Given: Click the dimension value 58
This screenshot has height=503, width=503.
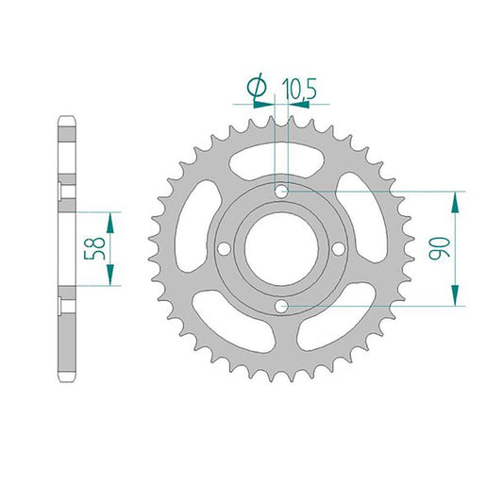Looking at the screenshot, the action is [x=94, y=248].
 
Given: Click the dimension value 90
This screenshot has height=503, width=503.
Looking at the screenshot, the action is [x=439, y=248].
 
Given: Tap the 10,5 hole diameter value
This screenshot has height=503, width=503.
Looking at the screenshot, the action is [x=299, y=89].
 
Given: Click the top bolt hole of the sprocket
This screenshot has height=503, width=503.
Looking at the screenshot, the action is [x=281, y=192].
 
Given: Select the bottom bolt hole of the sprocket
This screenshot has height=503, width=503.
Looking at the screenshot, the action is [x=281, y=306].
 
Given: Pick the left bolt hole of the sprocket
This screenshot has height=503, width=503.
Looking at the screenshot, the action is [x=224, y=248].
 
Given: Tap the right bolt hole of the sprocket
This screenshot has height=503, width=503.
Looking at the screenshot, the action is [x=339, y=248].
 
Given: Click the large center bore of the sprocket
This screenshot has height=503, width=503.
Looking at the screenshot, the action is [x=281, y=248].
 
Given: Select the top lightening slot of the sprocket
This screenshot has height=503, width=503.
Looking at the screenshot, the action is [x=277, y=159].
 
